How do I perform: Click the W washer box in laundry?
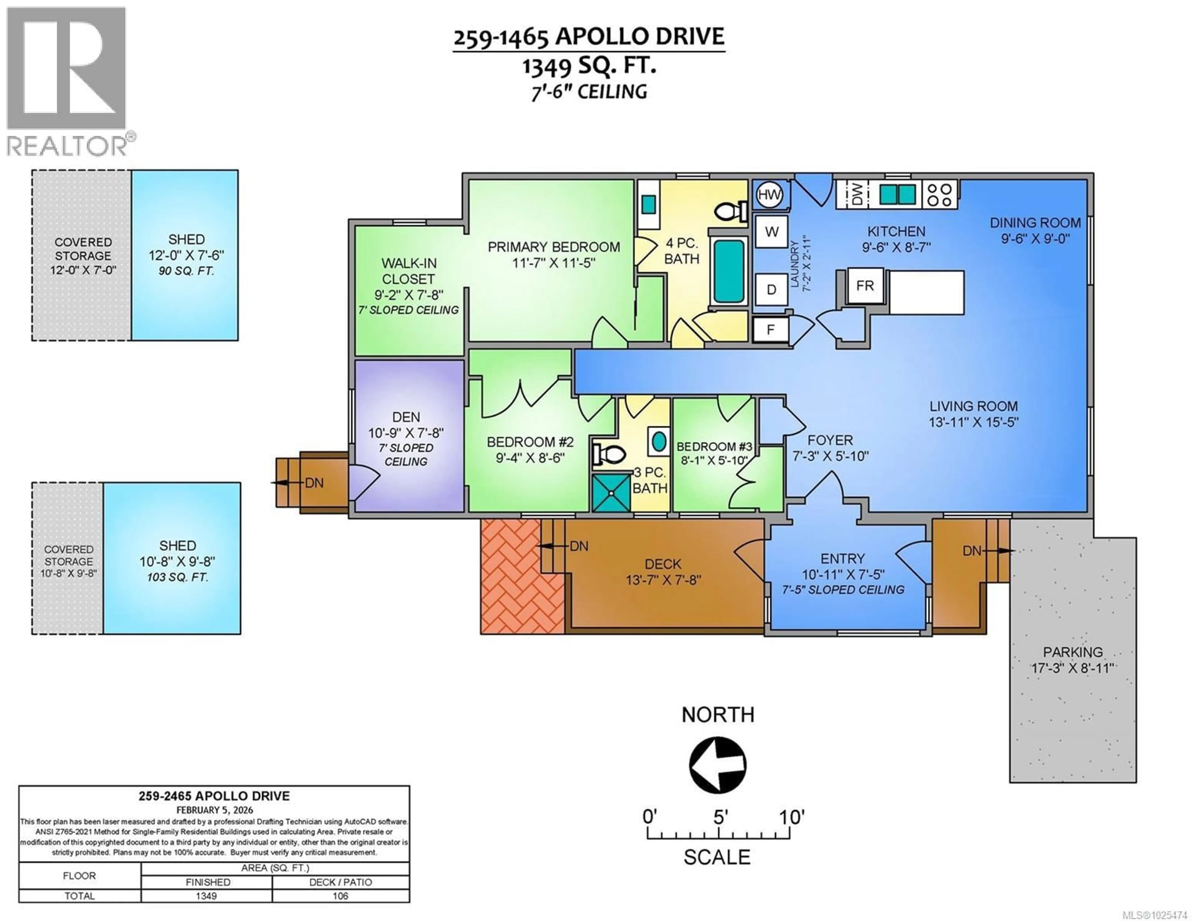(771, 232)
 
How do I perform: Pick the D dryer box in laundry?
(771, 289)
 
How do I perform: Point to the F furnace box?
(770, 330)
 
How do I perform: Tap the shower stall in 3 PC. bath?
(611, 493)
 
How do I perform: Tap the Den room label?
(406, 417)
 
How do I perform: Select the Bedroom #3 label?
(714, 447)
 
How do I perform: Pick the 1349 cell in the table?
(206, 896)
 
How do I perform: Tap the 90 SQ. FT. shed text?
(186, 271)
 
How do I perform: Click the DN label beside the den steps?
(314, 483)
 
